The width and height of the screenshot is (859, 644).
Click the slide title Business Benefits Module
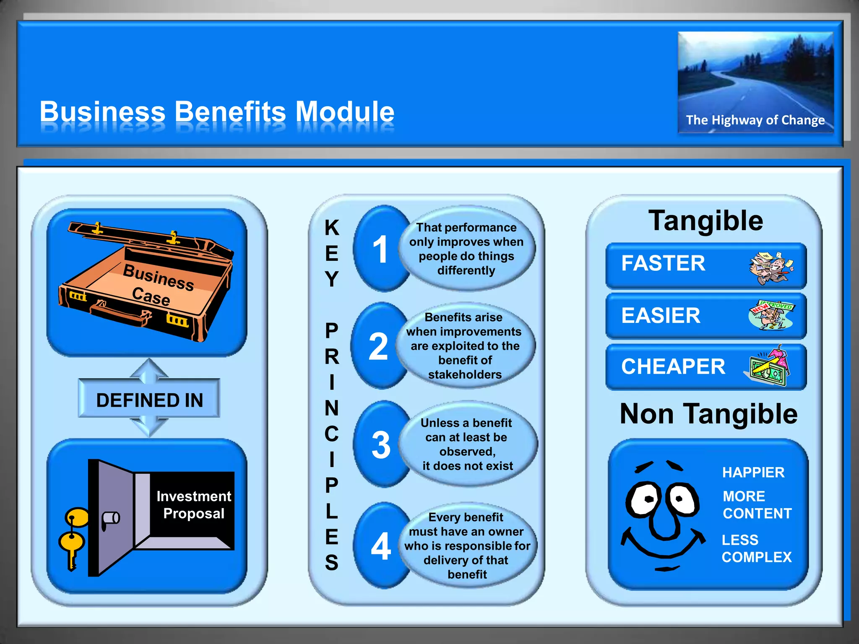(217, 112)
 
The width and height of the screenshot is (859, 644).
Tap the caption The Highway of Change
(755, 120)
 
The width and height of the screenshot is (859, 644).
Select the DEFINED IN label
(149, 400)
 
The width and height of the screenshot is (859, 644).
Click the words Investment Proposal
(193, 505)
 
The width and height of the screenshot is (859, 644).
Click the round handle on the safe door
(111, 519)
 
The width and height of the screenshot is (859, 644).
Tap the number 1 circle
(380, 249)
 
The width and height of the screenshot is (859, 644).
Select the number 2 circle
(378, 346)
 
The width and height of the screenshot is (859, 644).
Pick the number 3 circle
(380, 445)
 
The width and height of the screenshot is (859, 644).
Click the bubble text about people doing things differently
(466, 249)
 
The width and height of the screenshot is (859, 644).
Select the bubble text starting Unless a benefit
(467, 444)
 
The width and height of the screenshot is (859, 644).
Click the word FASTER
(663, 263)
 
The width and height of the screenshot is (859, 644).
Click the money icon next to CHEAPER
(768, 366)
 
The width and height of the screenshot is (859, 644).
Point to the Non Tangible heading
(708, 414)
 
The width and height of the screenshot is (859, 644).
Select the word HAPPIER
(753, 473)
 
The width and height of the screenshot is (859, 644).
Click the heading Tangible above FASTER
(705, 221)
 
